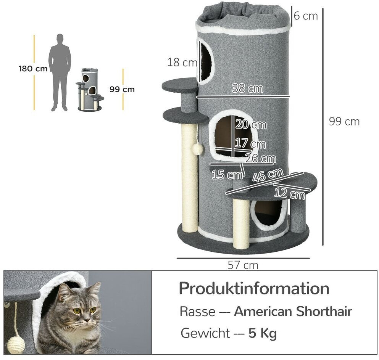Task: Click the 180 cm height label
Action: [x=33, y=69]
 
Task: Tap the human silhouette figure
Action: [x=60, y=72]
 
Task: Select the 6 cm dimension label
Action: [x=306, y=16]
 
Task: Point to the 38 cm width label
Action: [x=248, y=88]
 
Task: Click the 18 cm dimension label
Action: [x=182, y=63]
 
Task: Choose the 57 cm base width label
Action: [x=243, y=265]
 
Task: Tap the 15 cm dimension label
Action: [x=227, y=175]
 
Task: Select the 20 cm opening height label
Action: [x=251, y=124]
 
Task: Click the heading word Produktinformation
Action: [x=254, y=289]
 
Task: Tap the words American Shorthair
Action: [x=293, y=312]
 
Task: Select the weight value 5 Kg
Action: [x=262, y=334]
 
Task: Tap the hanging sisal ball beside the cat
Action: [x=16, y=345]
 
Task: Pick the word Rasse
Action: [x=197, y=312]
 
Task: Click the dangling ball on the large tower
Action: [x=197, y=149]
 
